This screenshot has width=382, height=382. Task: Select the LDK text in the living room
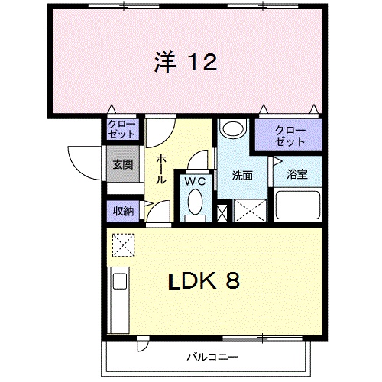pyautogui.click(x=193, y=281)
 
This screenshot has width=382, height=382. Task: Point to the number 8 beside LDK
pyautogui.click(x=233, y=281)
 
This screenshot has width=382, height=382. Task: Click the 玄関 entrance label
pyautogui.click(x=123, y=164)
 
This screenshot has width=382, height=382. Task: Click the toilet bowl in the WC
pyautogui.click(x=195, y=204)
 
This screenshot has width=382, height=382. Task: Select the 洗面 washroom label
pyautogui.click(x=242, y=175)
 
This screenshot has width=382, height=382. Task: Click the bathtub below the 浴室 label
pyautogui.click(x=297, y=206)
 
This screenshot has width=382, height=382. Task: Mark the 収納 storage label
pyautogui.click(x=122, y=209)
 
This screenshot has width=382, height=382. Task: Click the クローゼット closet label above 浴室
pyautogui.click(x=290, y=135)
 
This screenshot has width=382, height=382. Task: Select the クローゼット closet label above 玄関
pyautogui.click(x=122, y=128)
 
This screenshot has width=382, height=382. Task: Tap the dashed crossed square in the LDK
pyautogui.click(x=122, y=244)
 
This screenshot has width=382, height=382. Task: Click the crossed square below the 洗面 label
pyautogui.click(x=249, y=210)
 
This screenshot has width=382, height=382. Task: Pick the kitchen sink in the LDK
pyautogui.click(x=120, y=283)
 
